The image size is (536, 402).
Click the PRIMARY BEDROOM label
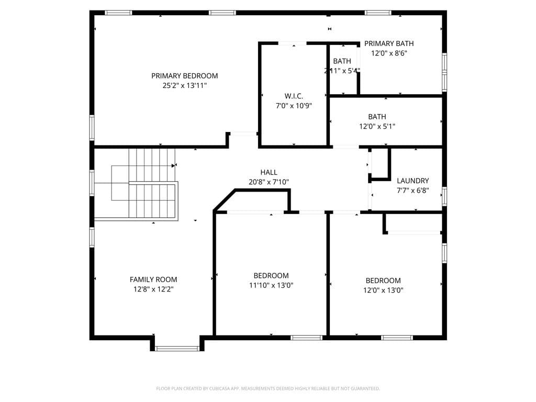[x=184, y=76]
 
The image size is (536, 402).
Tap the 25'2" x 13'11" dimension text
[x=184, y=85]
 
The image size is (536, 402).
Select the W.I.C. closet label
[x=294, y=96]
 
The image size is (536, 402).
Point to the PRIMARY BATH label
[x=389, y=43]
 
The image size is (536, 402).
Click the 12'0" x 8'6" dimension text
[x=389, y=53]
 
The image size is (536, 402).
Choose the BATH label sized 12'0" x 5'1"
[x=377, y=117]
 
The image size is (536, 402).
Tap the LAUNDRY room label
[x=412, y=181]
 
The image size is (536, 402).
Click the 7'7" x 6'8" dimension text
[x=412, y=191]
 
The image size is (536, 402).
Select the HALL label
[x=269, y=172]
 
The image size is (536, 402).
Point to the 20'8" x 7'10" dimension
[x=269, y=182]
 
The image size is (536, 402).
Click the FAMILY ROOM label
[x=153, y=280]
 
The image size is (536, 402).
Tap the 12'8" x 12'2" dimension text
[x=153, y=289]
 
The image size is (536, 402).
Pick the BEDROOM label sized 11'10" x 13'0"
[x=271, y=276]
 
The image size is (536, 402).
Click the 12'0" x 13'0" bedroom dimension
[x=383, y=291]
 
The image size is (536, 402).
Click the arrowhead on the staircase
[x=174, y=166]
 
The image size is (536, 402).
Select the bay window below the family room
[x=177, y=348]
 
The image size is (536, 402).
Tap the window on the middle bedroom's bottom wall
[x=306, y=338]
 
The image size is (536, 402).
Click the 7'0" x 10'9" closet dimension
[x=294, y=106]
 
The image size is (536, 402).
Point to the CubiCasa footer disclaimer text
[x=268, y=388]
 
